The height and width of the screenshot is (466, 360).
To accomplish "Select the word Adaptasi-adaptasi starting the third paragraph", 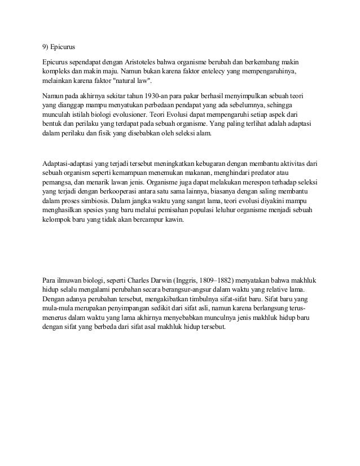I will pos(71,163).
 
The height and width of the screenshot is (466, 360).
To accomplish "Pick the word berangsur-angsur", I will pos(188,288).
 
